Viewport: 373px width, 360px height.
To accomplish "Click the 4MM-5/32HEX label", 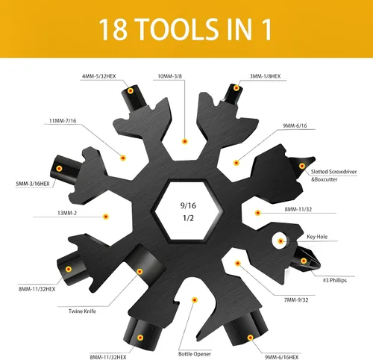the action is (99, 76).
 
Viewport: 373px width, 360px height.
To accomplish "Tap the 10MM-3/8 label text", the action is (170, 76).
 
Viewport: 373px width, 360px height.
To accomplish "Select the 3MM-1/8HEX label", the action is (266, 76).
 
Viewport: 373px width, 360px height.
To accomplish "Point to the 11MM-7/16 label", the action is (63, 121).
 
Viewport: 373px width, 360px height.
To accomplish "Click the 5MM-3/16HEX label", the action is (33, 184).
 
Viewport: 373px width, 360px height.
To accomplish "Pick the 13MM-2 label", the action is (67, 213).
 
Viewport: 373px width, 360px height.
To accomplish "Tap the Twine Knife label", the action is (82, 311).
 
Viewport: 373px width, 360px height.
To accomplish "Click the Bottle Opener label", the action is (195, 354).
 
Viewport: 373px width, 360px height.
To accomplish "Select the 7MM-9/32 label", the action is (296, 300).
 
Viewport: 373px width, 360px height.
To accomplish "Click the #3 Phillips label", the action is (335, 280).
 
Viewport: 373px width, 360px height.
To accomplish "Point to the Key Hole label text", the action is (317, 237).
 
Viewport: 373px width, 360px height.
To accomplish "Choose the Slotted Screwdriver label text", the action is (333, 172).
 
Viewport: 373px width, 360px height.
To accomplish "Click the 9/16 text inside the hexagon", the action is (188, 205).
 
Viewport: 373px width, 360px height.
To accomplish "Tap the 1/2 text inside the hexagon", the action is (188, 218).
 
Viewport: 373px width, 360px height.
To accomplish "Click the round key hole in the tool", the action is (279, 240).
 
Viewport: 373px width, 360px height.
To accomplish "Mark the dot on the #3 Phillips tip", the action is (304, 261).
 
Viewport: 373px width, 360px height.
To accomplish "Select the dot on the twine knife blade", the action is (140, 271).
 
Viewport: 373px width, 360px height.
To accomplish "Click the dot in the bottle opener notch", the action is (195, 300).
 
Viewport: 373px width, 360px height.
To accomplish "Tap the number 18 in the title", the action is (113, 29).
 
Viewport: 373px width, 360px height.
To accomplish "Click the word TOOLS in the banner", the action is (177, 29).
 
